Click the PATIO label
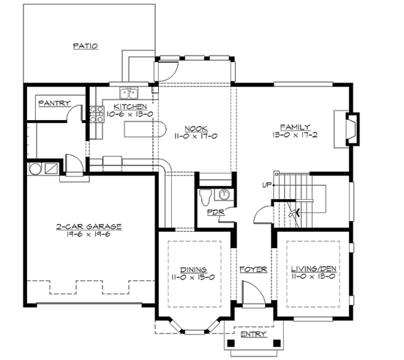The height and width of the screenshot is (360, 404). click(86, 45)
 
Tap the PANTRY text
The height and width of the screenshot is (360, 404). click(53, 103)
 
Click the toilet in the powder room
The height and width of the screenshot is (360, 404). click(208, 195)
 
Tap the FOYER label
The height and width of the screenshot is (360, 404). click(253, 269)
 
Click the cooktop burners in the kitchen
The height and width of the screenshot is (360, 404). click(94, 113)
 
